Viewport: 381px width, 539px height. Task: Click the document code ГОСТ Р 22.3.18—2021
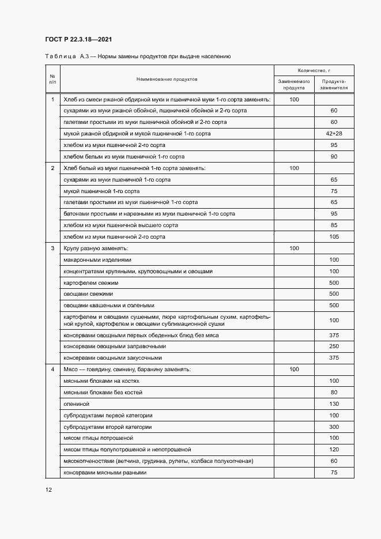78,39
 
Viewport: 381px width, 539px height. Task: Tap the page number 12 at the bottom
48,490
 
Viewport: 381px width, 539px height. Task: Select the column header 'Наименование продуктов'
167,78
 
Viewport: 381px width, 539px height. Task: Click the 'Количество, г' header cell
314,69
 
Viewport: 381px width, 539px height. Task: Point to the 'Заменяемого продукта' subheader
294,85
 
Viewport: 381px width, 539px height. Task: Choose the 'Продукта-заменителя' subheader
334,85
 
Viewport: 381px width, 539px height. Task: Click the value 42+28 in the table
334,134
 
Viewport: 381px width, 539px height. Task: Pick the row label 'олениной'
75,404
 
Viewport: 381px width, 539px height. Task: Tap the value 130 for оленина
334,404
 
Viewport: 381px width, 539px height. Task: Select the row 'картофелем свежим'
91,282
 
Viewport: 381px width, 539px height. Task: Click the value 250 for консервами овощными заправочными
334,346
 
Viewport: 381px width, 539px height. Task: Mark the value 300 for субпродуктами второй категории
334,427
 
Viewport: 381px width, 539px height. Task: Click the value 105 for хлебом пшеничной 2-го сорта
334,237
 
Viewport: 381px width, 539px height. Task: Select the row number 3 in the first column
52,248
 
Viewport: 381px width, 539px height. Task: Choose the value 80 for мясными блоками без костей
334,393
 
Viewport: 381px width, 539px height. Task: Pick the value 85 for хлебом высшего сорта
334,225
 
